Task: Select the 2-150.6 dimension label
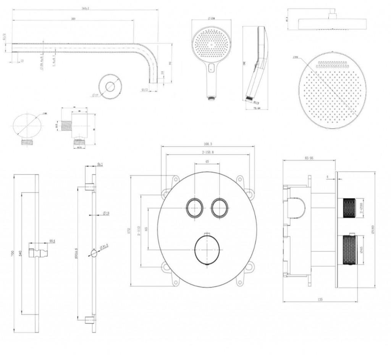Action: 207,152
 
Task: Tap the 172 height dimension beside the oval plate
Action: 129,230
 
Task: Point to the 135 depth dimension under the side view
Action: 320,300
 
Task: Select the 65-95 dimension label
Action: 309,158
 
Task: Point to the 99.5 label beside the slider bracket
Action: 52,241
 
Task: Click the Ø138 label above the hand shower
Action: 211,18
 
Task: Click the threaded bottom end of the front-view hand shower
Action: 210,98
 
